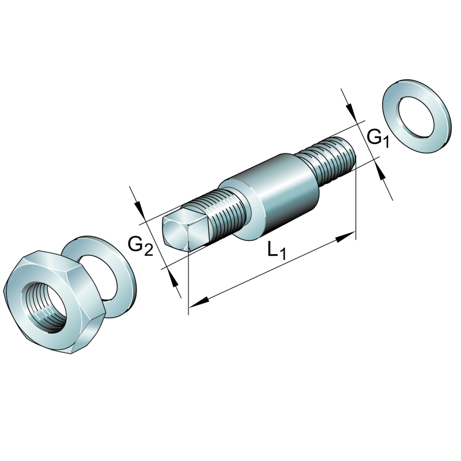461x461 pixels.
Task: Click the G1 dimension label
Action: (377, 138)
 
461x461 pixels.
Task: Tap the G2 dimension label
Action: (140, 246)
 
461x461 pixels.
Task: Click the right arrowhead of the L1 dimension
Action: (347, 235)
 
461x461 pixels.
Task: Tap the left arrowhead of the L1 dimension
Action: (197, 301)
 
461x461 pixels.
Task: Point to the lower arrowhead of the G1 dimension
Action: (381, 172)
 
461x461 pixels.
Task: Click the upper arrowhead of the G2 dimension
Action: (140, 209)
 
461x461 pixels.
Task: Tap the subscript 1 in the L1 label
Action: (282, 254)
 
